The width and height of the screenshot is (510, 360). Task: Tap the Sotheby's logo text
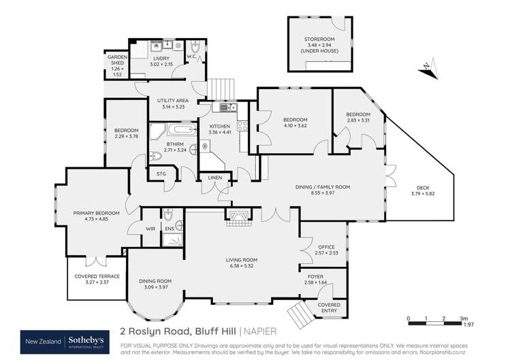86,340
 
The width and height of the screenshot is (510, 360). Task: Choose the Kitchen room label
220,127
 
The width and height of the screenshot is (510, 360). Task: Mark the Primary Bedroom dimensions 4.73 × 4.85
96,220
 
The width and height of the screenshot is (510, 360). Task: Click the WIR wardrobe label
150,229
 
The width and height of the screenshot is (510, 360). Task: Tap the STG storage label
161,174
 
